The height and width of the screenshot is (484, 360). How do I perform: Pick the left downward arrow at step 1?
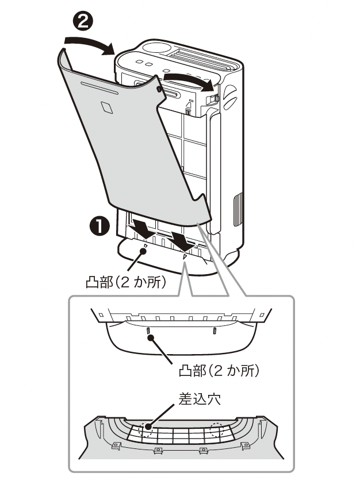(x=141, y=228)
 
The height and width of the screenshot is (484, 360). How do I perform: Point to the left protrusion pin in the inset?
(x=149, y=331)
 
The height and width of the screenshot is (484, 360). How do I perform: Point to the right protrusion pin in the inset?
(x=215, y=331)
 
